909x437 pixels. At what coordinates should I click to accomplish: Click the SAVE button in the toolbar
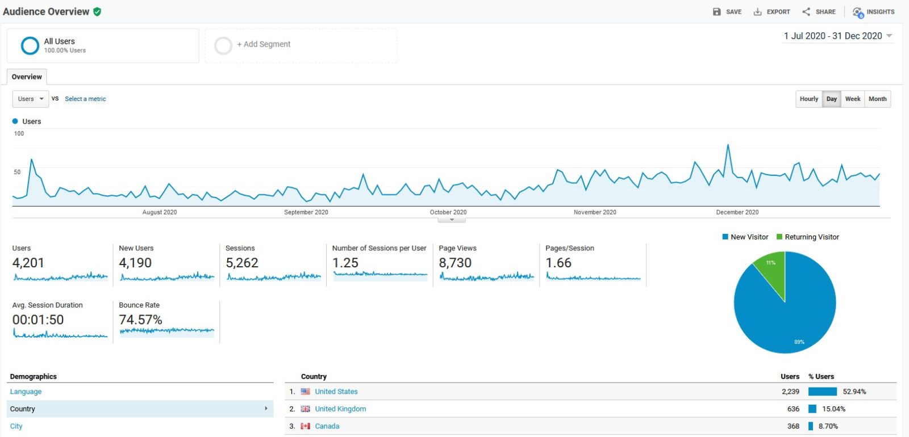tap(727, 12)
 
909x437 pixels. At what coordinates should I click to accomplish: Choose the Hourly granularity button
tap(809, 99)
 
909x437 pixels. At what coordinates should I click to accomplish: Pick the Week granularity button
tap(853, 99)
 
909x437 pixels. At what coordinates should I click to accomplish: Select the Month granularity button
tap(877, 99)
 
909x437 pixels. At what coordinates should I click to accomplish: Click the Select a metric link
tap(85, 99)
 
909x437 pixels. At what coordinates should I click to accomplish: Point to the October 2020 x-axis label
tap(448, 212)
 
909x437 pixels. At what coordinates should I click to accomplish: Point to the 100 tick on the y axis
tap(19, 133)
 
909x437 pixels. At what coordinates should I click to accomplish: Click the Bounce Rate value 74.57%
tap(140, 320)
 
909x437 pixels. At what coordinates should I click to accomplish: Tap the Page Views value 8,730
tap(455, 263)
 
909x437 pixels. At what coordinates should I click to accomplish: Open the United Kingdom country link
tap(340, 409)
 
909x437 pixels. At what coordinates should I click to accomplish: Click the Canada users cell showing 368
tap(793, 426)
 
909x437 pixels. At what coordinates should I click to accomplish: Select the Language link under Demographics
tap(26, 392)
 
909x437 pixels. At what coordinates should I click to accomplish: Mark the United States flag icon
tap(306, 392)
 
